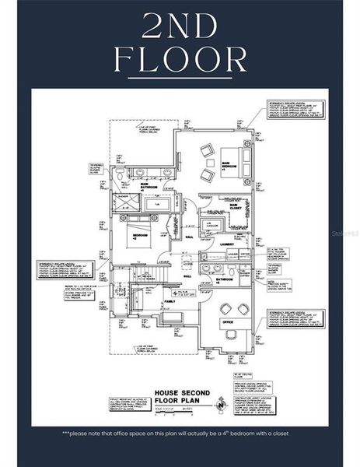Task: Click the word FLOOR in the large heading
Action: tap(180, 58)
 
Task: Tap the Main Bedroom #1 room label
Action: tap(229, 166)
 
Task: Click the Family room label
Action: tap(170, 301)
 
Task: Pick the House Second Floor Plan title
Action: tap(180, 396)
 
